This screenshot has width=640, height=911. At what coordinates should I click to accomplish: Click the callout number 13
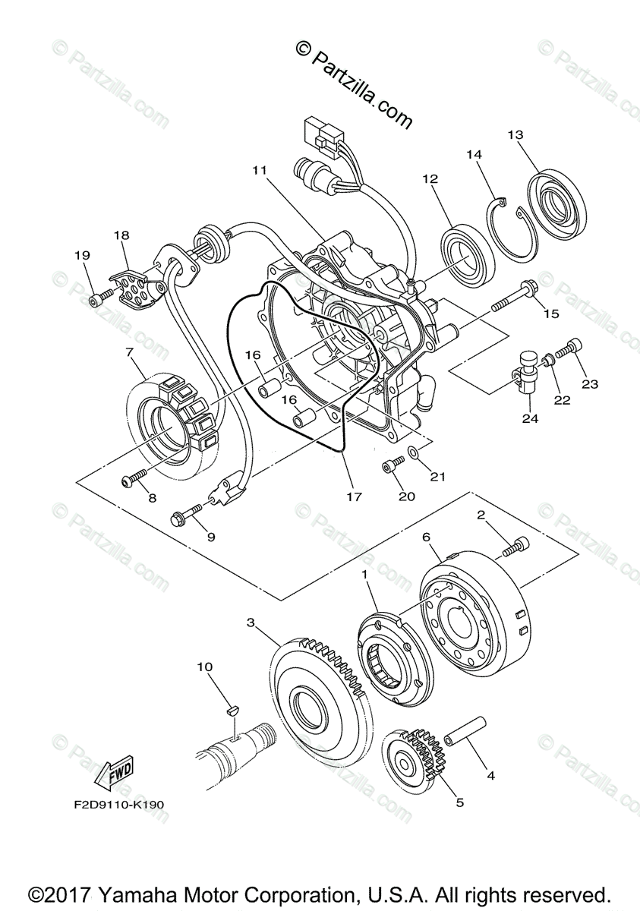click(x=515, y=135)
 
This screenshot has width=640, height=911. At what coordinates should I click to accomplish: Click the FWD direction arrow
click(x=112, y=774)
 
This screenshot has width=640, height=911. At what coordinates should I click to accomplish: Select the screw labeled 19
click(x=94, y=301)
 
